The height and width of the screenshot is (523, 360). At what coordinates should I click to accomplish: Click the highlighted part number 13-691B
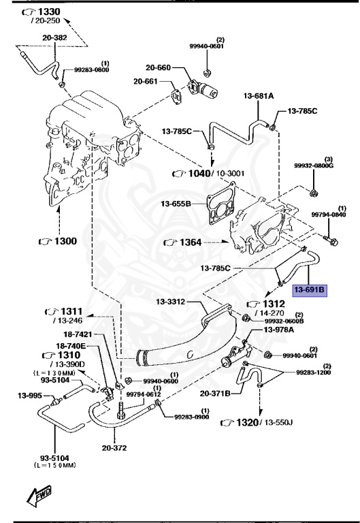tap(310, 289)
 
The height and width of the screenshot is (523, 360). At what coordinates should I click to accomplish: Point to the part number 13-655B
tap(176, 202)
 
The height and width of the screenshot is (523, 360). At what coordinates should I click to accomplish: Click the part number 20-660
tap(159, 67)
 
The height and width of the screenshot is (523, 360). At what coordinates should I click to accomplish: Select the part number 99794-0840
tap(329, 215)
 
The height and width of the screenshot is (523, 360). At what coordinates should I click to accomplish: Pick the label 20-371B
tap(216, 393)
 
